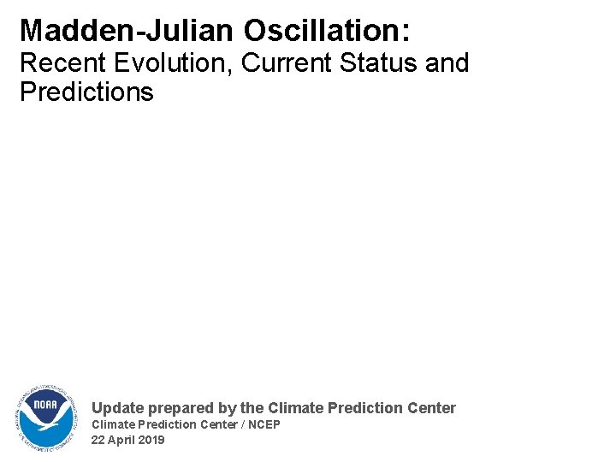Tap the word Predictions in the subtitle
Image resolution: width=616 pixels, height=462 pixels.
pyautogui.click(x=86, y=92)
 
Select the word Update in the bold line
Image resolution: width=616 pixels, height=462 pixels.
pyautogui.click(x=118, y=408)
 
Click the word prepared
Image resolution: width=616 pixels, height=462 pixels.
pyautogui.click(x=181, y=409)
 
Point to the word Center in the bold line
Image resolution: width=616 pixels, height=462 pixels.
pyautogui.click(x=431, y=408)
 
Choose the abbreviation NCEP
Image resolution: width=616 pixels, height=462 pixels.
pyautogui.click(x=262, y=424)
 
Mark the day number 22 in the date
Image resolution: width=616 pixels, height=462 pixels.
pyautogui.click(x=98, y=440)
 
